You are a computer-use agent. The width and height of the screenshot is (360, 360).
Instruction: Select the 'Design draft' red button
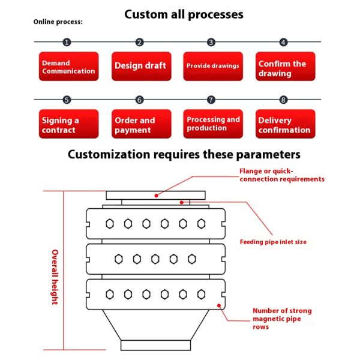coord(141,66)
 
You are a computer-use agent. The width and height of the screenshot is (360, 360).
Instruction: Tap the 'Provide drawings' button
coord(213,66)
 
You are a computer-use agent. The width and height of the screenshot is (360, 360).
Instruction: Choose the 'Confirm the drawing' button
coord(285,67)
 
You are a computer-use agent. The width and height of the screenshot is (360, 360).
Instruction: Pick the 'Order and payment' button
coord(141,124)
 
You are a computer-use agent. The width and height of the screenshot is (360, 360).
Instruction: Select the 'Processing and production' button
coord(213,124)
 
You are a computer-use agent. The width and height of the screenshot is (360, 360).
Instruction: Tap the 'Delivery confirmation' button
coord(285,124)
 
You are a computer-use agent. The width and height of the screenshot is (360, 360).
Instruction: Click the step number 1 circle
coord(67,42)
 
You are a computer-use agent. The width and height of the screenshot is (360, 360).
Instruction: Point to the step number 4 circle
coord(283,42)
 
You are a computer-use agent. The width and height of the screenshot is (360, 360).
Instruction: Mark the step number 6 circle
coord(139,100)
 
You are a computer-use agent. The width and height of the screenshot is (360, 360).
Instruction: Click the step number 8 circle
coord(283,100)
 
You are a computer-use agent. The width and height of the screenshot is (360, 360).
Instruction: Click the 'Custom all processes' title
coord(184,14)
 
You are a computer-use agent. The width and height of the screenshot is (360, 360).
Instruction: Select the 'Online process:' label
coord(58,22)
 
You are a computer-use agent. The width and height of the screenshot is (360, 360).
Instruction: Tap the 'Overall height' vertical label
coord(54,277)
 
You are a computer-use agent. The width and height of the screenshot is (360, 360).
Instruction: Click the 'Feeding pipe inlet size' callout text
coord(273,242)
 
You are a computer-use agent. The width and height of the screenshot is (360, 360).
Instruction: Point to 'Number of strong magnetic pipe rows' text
coord(282,319)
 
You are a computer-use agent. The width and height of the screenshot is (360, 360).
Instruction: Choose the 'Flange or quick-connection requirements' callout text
coord(281,175)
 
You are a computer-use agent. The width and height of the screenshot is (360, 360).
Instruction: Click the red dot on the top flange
coord(155,194)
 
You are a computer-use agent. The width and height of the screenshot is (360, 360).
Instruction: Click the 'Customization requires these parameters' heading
coord(184,154)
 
